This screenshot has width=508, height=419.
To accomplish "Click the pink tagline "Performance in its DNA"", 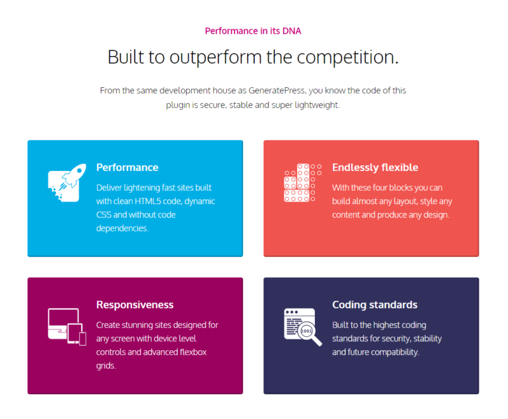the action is (253, 31).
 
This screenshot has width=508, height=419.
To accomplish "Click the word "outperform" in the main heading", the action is (215, 57).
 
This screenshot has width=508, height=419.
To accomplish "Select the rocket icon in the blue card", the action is (67, 182).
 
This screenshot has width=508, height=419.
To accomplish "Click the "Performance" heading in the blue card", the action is (128, 167).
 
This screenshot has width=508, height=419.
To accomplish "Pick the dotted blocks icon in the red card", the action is (303, 182).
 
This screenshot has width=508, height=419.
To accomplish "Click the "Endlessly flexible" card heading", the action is (375, 167).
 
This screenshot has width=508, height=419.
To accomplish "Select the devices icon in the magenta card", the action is (67, 327).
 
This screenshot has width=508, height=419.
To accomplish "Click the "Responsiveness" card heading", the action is (135, 305).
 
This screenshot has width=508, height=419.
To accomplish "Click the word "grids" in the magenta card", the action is (105, 366).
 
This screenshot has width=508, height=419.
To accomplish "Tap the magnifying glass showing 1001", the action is (309, 333).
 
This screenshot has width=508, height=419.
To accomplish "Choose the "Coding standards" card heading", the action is (375, 305).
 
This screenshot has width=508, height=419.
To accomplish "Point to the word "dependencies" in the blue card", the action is (121, 228).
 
